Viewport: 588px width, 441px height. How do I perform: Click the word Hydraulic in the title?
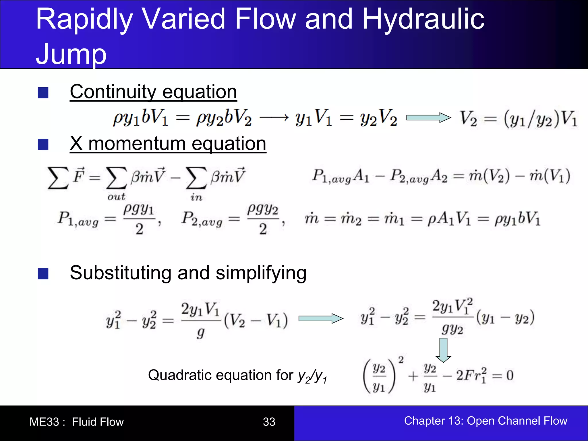(x=423, y=20)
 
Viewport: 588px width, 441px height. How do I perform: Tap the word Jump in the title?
(x=71, y=54)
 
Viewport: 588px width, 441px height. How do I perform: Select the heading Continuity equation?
(x=153, y=92)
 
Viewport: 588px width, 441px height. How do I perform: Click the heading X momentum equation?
(x=168, y=144)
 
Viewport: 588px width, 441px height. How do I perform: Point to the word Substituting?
(x=121, y=273)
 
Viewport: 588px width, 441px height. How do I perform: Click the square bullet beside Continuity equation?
(x=43, y=93)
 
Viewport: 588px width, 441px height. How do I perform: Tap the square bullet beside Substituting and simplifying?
(x=43, y=274)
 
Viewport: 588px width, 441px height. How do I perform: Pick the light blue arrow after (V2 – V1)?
(x=321, y=318)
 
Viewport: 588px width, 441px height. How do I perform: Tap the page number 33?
(x=269, y=422)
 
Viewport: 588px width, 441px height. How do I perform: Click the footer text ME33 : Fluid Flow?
(x=76, y=422)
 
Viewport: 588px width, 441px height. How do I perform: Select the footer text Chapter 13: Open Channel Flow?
(x=486, y=421)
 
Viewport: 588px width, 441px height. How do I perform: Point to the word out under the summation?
(x=116, y=197)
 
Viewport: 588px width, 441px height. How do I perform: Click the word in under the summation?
(x=196, y=197)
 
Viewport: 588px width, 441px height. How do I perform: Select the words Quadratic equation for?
(x=220, y=375)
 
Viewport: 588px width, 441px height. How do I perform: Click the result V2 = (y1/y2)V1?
(x=518, y=118)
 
